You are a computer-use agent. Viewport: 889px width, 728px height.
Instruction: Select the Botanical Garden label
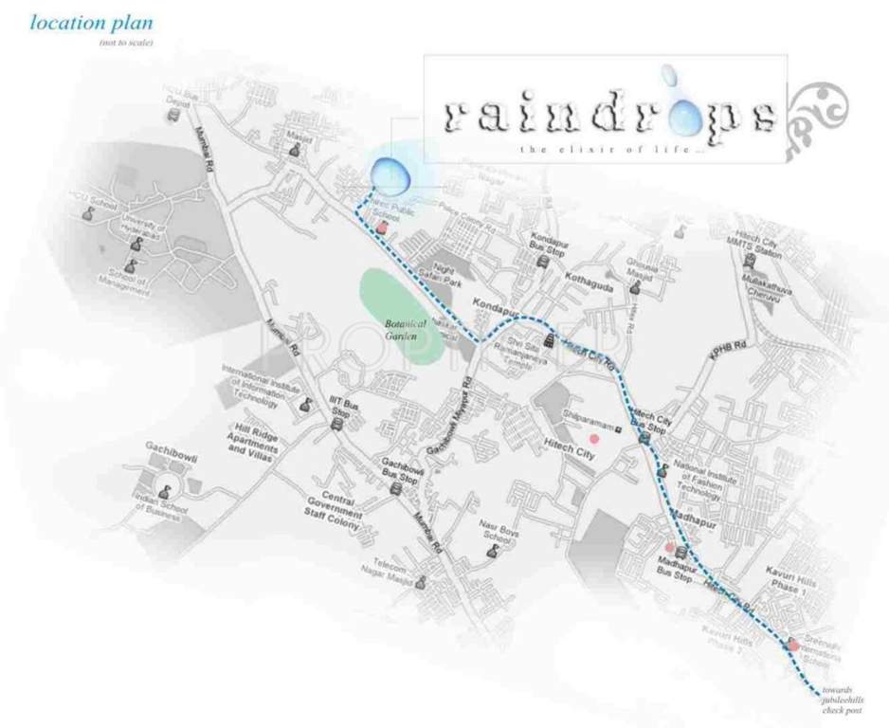[x=406, y=328]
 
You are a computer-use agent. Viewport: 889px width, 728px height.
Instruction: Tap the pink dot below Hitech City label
[x=594, y=439]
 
